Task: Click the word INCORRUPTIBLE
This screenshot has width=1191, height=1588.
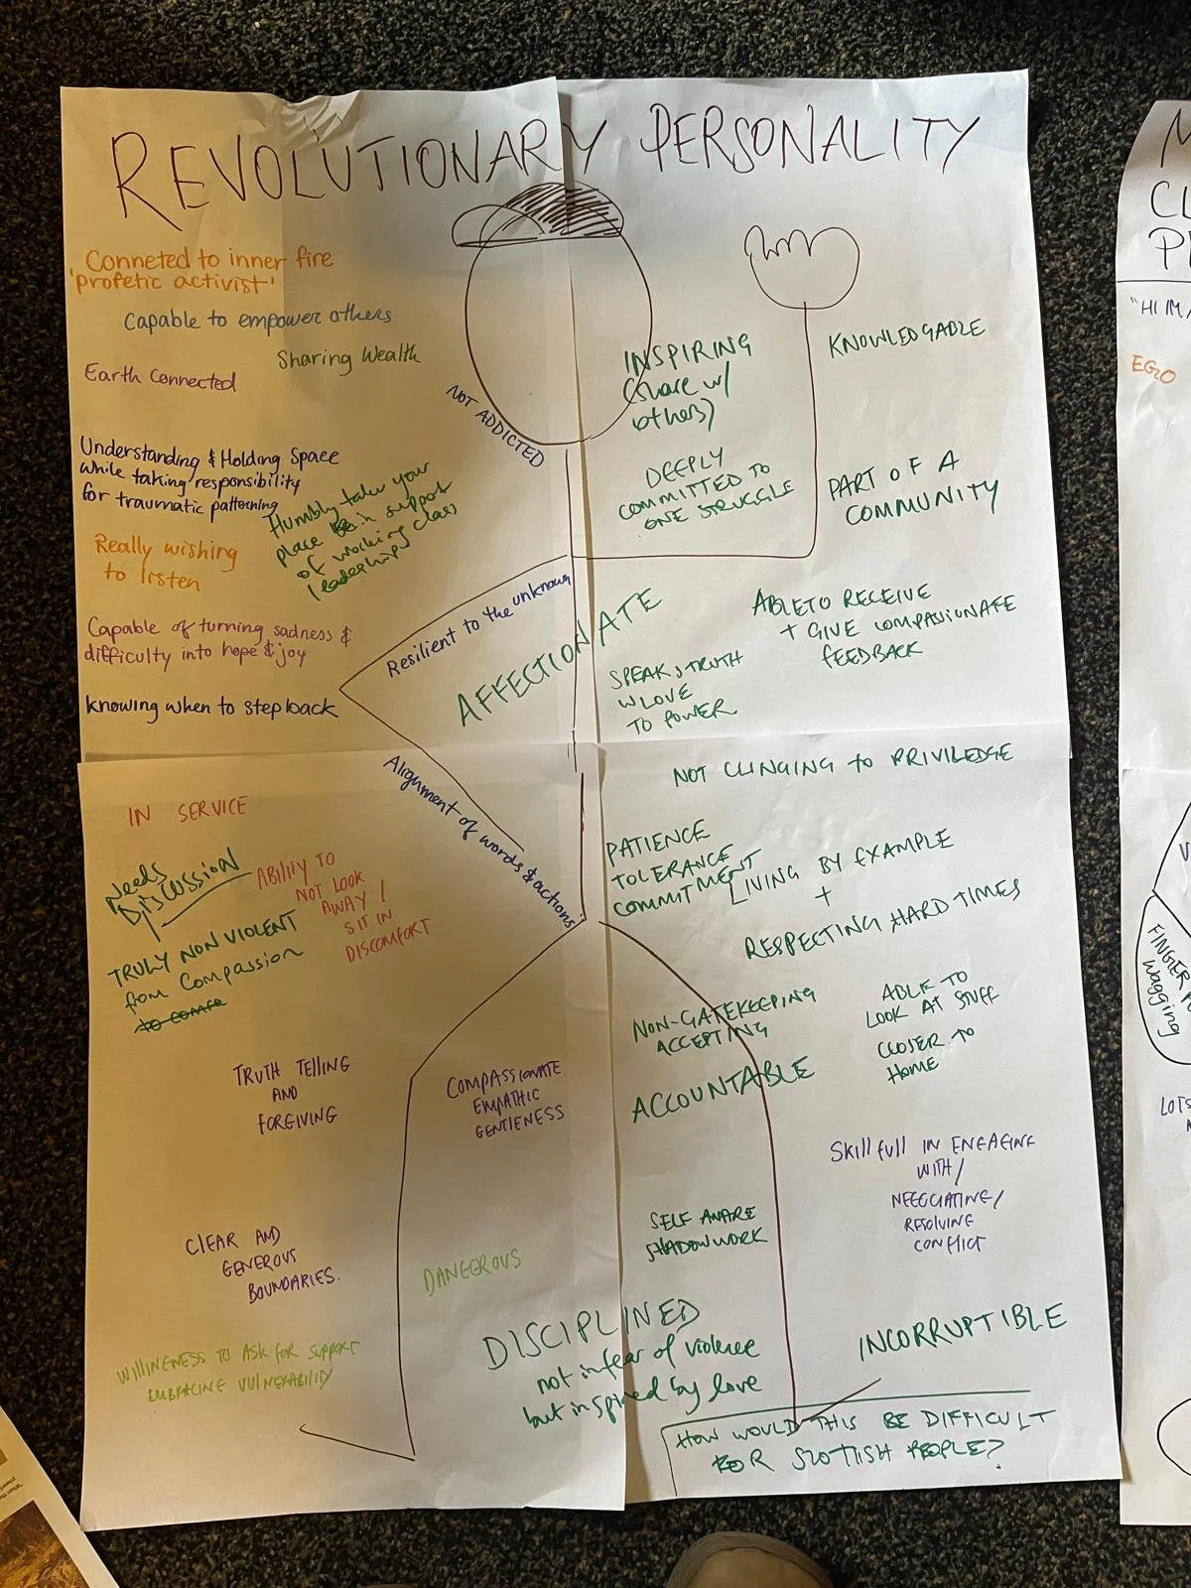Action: coord(961,1330)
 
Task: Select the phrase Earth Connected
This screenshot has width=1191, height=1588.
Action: coord(160,378)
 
